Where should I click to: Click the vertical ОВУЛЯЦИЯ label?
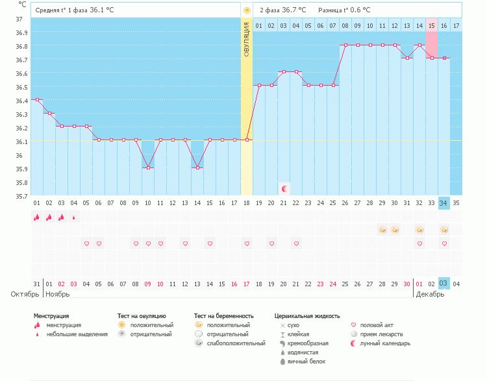(247, 40)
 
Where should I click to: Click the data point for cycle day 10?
(148, 167)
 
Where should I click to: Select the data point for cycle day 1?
(37, 100)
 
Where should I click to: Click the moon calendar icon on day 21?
(284, 188)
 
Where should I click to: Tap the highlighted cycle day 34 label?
(444, 203)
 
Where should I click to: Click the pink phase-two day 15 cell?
(431, 45)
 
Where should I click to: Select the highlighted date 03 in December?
(444, 284)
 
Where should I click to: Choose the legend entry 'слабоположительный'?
(227, 343)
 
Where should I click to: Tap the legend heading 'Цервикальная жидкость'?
(307, 316)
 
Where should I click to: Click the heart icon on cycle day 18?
(247, 243)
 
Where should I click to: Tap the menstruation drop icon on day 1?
(37, 217)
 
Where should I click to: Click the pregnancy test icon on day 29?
(382, 230)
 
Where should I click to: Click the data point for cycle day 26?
(345, 45)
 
